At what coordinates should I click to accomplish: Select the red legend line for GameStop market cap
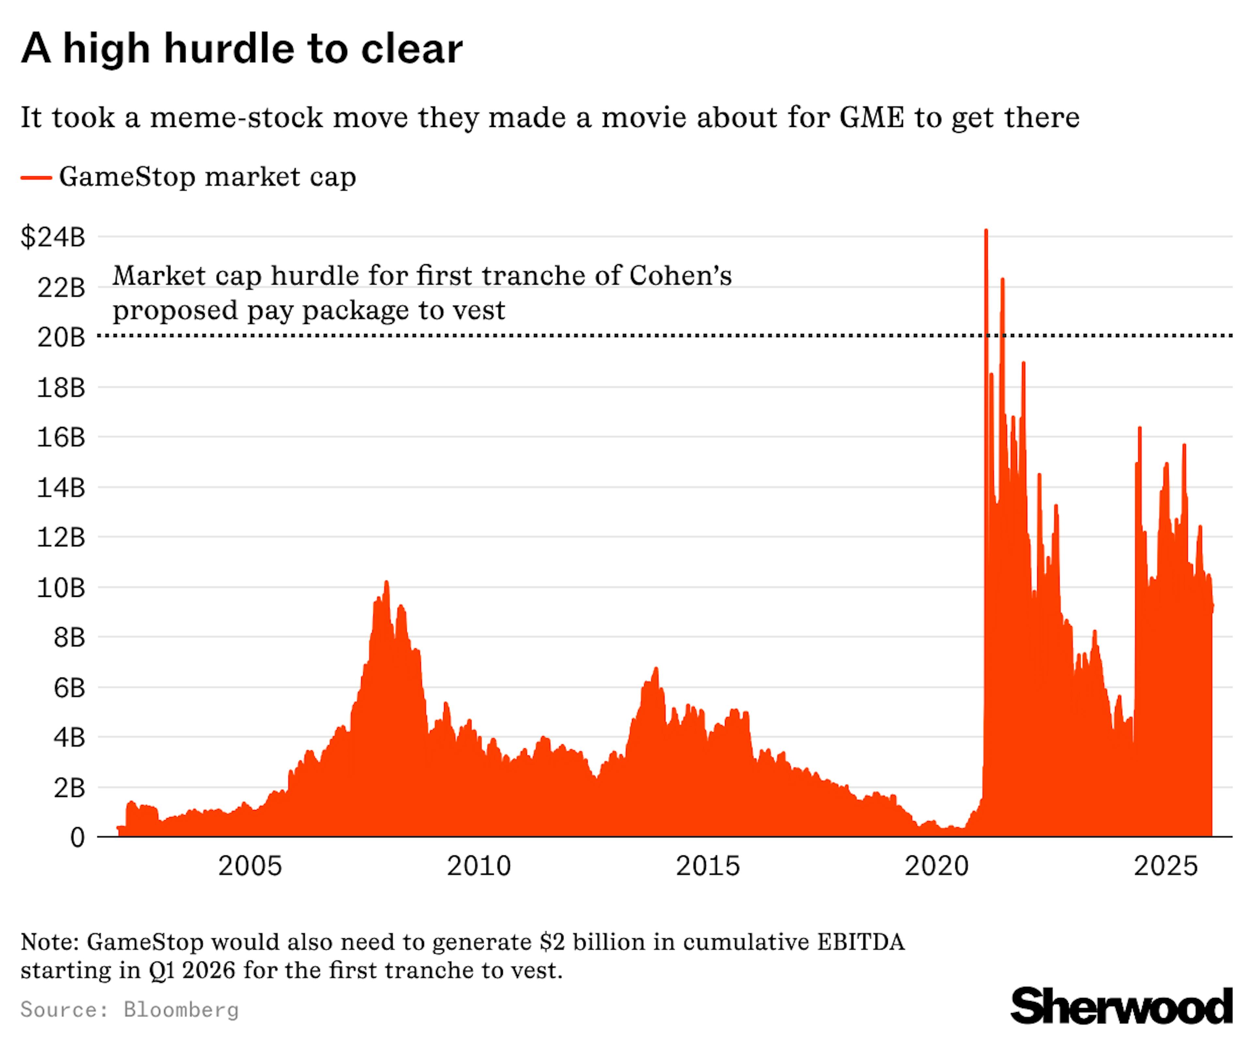click(x=36, y=177)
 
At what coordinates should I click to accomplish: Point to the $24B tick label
click(x=53, y=237)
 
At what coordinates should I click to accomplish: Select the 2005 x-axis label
click(x=249, y=866)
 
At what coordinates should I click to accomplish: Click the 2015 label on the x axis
click(x=708, y=866)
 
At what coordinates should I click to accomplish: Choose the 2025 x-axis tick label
click(x=1165, y=866)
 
